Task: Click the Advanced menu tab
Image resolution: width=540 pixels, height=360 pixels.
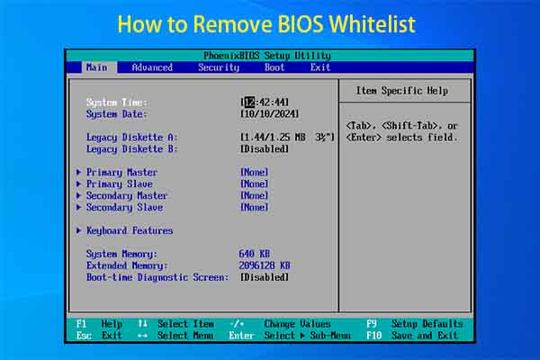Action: click(152, 67)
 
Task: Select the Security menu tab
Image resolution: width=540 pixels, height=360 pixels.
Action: click(219, 67)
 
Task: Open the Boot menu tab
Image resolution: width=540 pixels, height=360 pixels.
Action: click(274, 67)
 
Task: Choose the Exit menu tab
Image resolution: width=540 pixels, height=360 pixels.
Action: click(320, 67)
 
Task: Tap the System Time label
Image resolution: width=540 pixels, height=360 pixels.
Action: click(117, 102)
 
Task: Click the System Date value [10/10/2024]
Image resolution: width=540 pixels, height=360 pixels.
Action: click(269, 114)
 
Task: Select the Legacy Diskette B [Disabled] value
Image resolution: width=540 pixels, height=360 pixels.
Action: click(265, 148)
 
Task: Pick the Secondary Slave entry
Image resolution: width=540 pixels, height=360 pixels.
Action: click(127, 207)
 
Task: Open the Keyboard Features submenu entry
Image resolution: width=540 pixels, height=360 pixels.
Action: click(130, 230)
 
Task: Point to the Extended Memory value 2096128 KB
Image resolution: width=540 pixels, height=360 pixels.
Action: click(265, 265)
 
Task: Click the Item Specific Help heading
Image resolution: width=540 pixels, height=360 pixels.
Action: click(401, 91)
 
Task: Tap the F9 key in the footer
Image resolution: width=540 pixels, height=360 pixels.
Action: click(371, 324)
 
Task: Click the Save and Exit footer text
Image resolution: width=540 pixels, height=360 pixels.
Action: click(425, 336)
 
